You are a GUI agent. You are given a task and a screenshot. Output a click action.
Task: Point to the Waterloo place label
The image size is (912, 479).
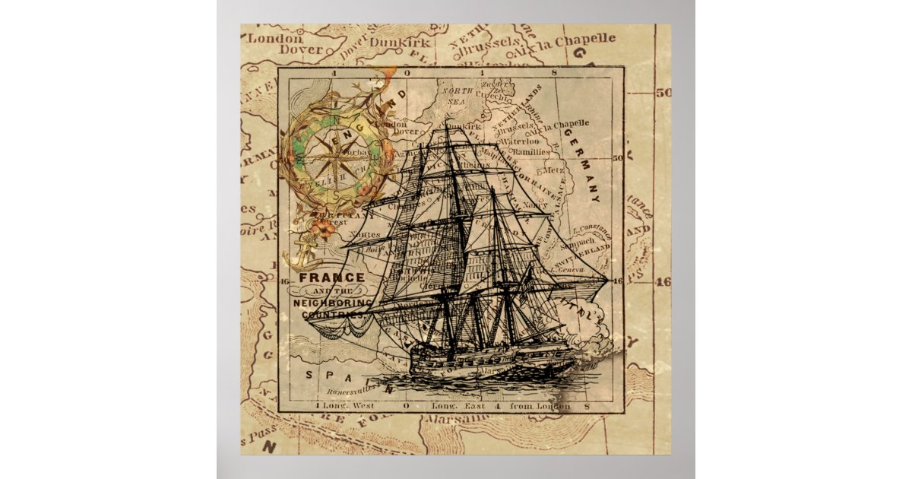[520, 141]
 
